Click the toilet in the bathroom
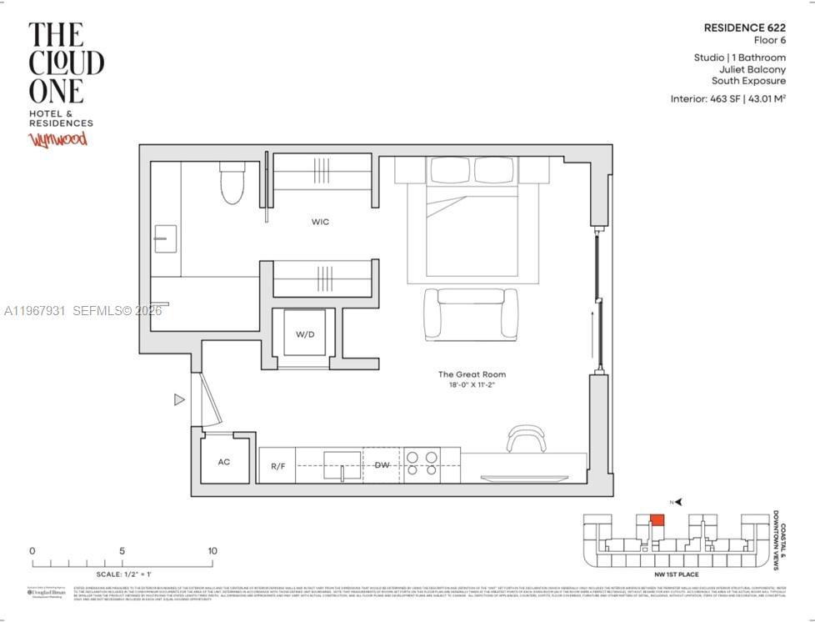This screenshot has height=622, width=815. point(232,183)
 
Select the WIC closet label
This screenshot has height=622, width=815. point(320,222)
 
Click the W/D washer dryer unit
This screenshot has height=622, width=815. point(305,334)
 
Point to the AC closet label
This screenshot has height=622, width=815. point(224,461)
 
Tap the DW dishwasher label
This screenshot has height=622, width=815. point(382,465)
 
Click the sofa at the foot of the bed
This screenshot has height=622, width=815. point(471,313)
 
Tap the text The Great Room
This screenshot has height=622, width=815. point(472,374)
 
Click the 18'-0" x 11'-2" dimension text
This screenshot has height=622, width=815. point(472,386)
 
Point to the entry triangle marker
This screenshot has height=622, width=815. point(178,400)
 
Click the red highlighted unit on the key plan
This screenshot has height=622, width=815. point(657,520)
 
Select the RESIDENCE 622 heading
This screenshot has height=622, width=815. point(744,28)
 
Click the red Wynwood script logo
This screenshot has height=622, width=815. point(58,138)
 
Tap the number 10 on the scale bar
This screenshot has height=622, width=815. point(212,551)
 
